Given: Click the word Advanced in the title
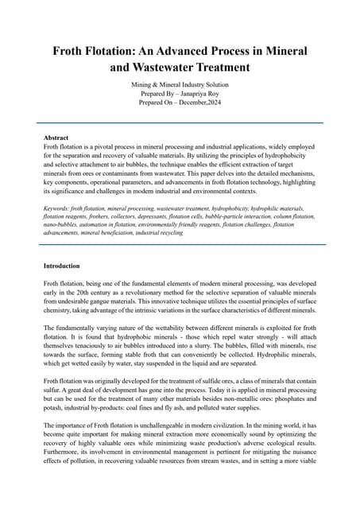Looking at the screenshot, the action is (x=168, y=51).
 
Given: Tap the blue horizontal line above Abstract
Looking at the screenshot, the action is (x=180, y=123).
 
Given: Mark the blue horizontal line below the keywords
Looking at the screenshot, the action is (x=180, y=245).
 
